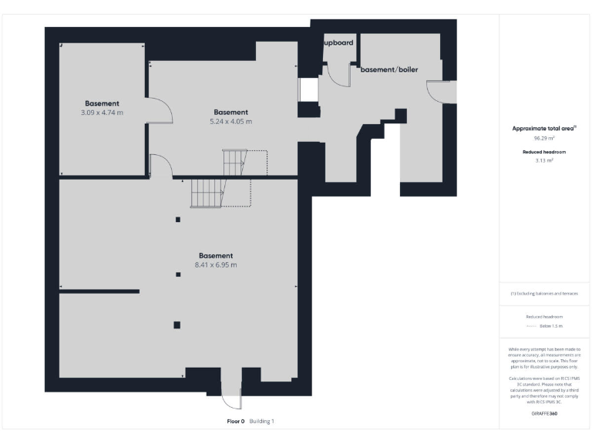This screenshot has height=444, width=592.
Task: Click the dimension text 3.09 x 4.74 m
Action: tap(102, 113)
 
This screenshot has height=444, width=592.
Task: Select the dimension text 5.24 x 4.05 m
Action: tap(230, 122)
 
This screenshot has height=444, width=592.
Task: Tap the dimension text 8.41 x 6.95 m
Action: tap(215, 265)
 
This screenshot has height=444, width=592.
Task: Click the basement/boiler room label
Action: tap(389, 69)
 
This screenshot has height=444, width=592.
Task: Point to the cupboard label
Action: tap(338, 43)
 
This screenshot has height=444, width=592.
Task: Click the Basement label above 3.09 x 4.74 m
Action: tap(102, 103)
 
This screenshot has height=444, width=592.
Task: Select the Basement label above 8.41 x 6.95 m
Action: tap(215, 255)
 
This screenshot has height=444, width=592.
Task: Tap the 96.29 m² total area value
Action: tap(546, 138)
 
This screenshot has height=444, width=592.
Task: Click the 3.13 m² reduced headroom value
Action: tap(546, 160)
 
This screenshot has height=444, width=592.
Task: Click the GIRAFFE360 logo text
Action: tap(544, 415)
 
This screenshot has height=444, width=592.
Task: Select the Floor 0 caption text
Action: tap(235, 422)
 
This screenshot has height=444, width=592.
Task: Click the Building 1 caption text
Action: tap(261, 422)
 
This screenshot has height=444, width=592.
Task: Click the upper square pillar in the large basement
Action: tap(178, 220)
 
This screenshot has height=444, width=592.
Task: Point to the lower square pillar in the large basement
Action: tap(177, 325)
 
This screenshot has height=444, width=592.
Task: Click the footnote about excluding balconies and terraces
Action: tap(544, 294)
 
